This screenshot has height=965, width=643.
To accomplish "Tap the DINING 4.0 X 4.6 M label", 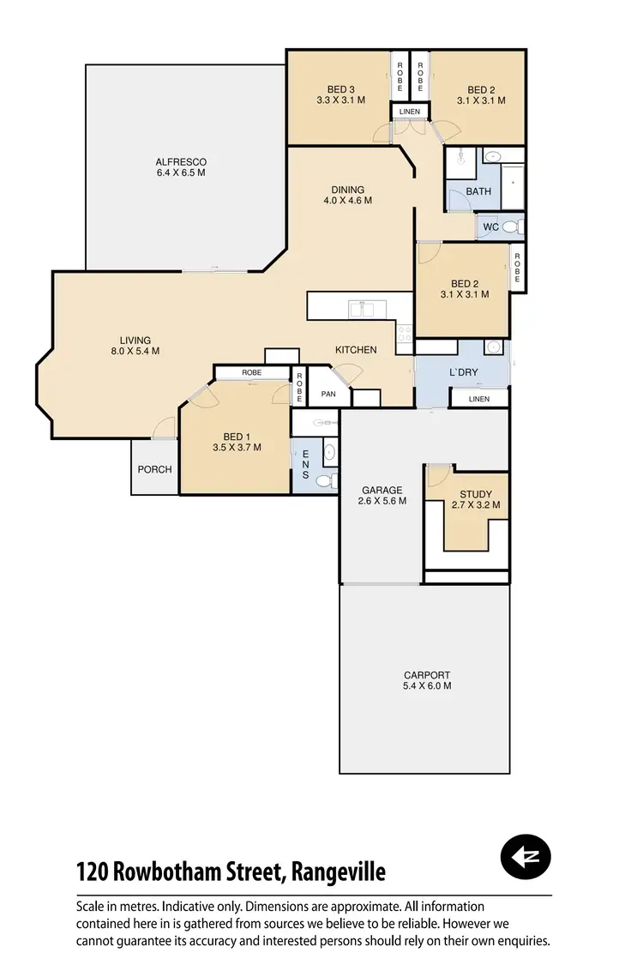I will pyautogui.click(x=348, y=196).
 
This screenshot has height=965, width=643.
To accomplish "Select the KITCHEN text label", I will pyautogui.click(x=356, y=350).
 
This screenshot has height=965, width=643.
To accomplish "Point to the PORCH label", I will pyautogui.click(x=154, y=469).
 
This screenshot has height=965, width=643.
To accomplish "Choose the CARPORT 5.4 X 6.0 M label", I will pyautogui.click(x=426, y=680).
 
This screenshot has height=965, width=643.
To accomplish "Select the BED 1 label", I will pyautogui.click(x=237, y=441).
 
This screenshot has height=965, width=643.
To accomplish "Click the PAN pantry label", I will pyautogui.click(x=328, y=395).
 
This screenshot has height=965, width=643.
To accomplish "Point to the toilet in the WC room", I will pyautogui.click(x=512, y=227).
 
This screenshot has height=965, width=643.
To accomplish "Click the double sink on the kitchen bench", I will pyautogui.click(x=361, y=309).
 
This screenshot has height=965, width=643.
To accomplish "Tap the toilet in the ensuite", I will pyautogui.click(x=326, y=481).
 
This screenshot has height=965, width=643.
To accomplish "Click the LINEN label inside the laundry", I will pyautogui.click(x=479, y=399).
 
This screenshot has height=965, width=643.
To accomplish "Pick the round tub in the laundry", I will pyautogui.click(x=493, y=347).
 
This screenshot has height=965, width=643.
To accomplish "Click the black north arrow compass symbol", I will pyautogui.click(x=525, y=857).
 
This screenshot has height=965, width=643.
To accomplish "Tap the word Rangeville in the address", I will pyautogui.click(x=339, y=873).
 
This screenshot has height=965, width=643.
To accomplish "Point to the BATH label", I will pyautogui.click(x=478, y=191).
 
